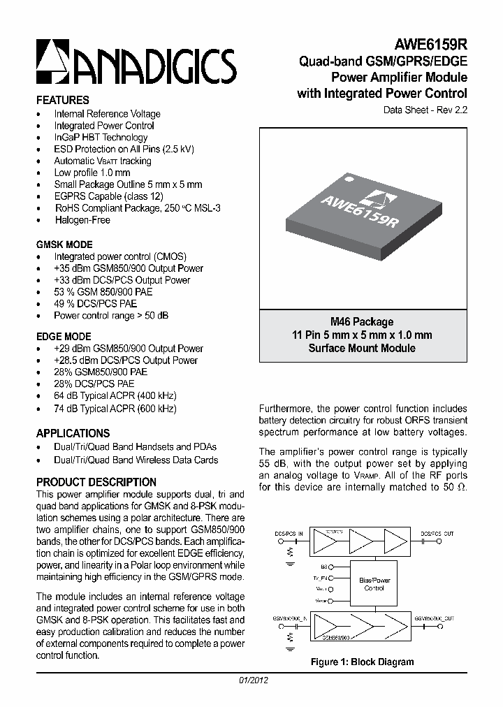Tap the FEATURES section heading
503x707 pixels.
tap(62, 100)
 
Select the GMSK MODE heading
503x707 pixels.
tap(64, 245)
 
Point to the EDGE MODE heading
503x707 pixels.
tap(63, 336)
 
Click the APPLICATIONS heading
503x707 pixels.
tap(73, 433)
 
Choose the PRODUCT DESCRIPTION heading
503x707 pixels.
tap(96, 482)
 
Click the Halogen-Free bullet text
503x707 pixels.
tap(82, 220)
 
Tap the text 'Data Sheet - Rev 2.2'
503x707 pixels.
tap(425, 110)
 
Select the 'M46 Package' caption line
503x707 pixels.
tap(362, 322)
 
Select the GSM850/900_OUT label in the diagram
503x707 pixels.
tap(434, 618)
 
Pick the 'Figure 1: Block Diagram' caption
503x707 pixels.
tap(362, 662)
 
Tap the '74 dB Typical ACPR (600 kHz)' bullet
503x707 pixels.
tap(115, 409)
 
